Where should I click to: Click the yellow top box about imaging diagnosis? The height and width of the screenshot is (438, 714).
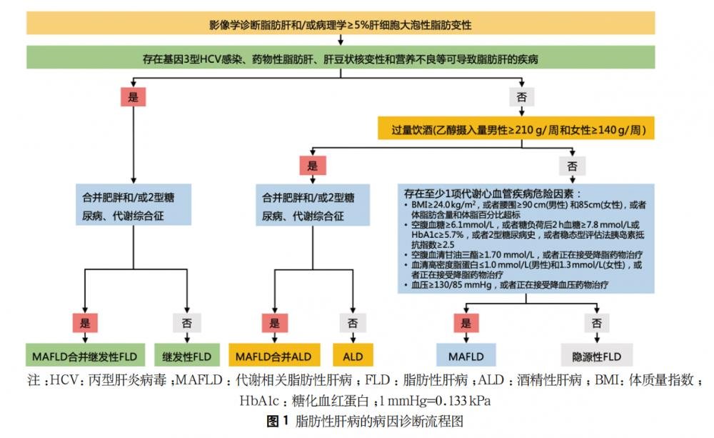pyautogui.click(x=341, y=24)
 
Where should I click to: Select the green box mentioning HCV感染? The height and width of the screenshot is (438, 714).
pyautogui.click(x=341, y=57)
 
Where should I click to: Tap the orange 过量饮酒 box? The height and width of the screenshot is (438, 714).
pyautogui.click(x=516, y=129)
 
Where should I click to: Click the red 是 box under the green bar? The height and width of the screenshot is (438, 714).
pyautogui.click(x=133, y=96)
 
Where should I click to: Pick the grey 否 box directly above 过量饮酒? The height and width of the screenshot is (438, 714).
pyautogui.click(x=521, y=96)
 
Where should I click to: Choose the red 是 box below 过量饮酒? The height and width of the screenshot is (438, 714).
pyautogui.click(x=313, y=166)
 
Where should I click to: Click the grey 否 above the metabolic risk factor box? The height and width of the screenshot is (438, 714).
pyautogui.click(x=572, y=166)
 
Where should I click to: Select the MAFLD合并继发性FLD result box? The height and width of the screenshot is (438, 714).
pyautogui.click(x=85, y=355)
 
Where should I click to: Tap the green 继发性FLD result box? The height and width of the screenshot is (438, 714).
pyautogui.click(x=186, y=355)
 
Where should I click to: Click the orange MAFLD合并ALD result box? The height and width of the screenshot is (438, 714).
pyautogui.click(x=274, y=355)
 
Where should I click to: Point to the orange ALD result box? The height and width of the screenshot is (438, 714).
pyautogui.click(x=353, y=355)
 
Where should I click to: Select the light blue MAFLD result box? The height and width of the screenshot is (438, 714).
pyautogui.click(x=466, y=355)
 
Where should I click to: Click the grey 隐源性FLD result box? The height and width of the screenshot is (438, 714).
pyautogui.click(x=596, y=355)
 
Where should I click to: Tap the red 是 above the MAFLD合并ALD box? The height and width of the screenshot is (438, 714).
pyautogui.click(x=275, y=323)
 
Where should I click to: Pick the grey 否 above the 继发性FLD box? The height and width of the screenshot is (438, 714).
pyautogui.click(x=186, y=323)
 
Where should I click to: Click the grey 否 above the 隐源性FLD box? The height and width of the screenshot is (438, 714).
pyautogui.click(x=596, y=323)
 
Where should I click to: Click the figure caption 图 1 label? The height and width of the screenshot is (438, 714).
pyautogui.click(x=277, y=421)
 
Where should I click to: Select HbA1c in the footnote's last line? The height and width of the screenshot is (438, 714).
pyautogui.click(x=259, y=401)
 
